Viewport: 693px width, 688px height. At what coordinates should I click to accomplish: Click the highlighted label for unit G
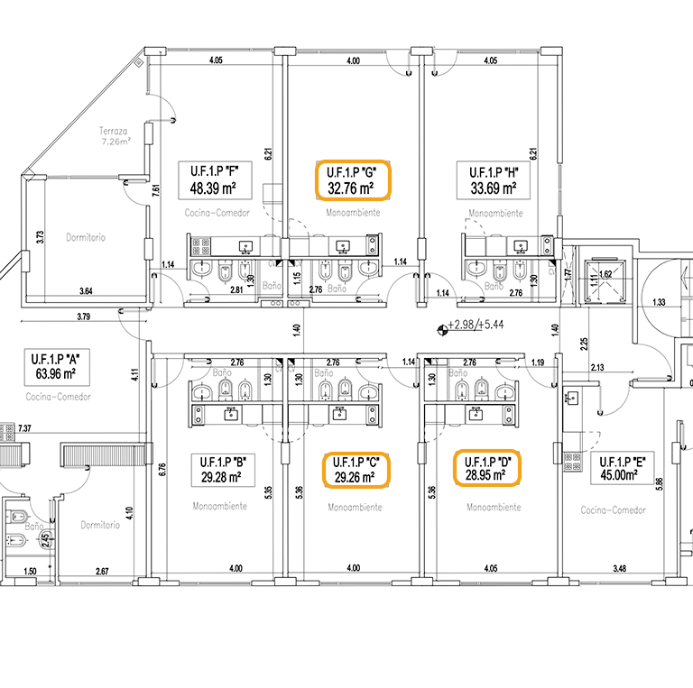click(352, 180)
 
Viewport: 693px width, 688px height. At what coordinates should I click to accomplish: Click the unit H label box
click(487, 180)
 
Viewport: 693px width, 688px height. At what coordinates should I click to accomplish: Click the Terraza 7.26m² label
click(115, 136)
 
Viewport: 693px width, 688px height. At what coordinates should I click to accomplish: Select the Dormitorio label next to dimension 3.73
click(87, 238)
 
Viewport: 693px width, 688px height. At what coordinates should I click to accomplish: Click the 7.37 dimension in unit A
click(24, 427)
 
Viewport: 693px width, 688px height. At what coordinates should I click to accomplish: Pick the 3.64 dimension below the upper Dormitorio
click(86, 290)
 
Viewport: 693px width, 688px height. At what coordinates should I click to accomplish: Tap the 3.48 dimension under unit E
click(619, 568)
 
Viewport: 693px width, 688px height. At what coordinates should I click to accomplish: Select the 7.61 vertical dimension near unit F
click(156, 191)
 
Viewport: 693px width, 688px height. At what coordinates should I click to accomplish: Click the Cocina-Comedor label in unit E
click(614, 510)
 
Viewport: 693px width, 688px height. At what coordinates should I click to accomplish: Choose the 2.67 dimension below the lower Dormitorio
click(102, 571)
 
